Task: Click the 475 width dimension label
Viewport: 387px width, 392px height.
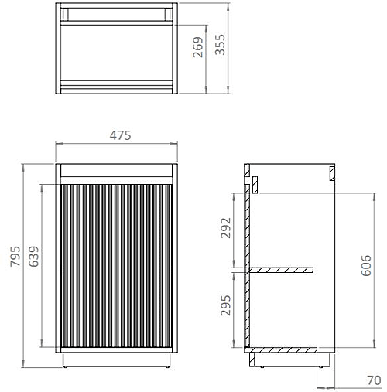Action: tap(119, 135)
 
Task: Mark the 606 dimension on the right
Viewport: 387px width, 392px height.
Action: tap(366, 264)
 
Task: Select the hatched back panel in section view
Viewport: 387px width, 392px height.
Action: tap(247, 263)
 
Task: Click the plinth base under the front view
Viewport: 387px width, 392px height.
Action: tap(117, 360)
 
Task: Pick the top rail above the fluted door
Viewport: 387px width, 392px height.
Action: tap(117, 171)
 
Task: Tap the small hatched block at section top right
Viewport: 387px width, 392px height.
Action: tap(330, 172)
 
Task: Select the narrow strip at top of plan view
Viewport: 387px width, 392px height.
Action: tap(117, 13)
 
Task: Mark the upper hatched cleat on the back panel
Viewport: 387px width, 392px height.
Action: tap(253, 185)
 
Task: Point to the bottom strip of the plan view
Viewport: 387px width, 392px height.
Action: tap(117, 86)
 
